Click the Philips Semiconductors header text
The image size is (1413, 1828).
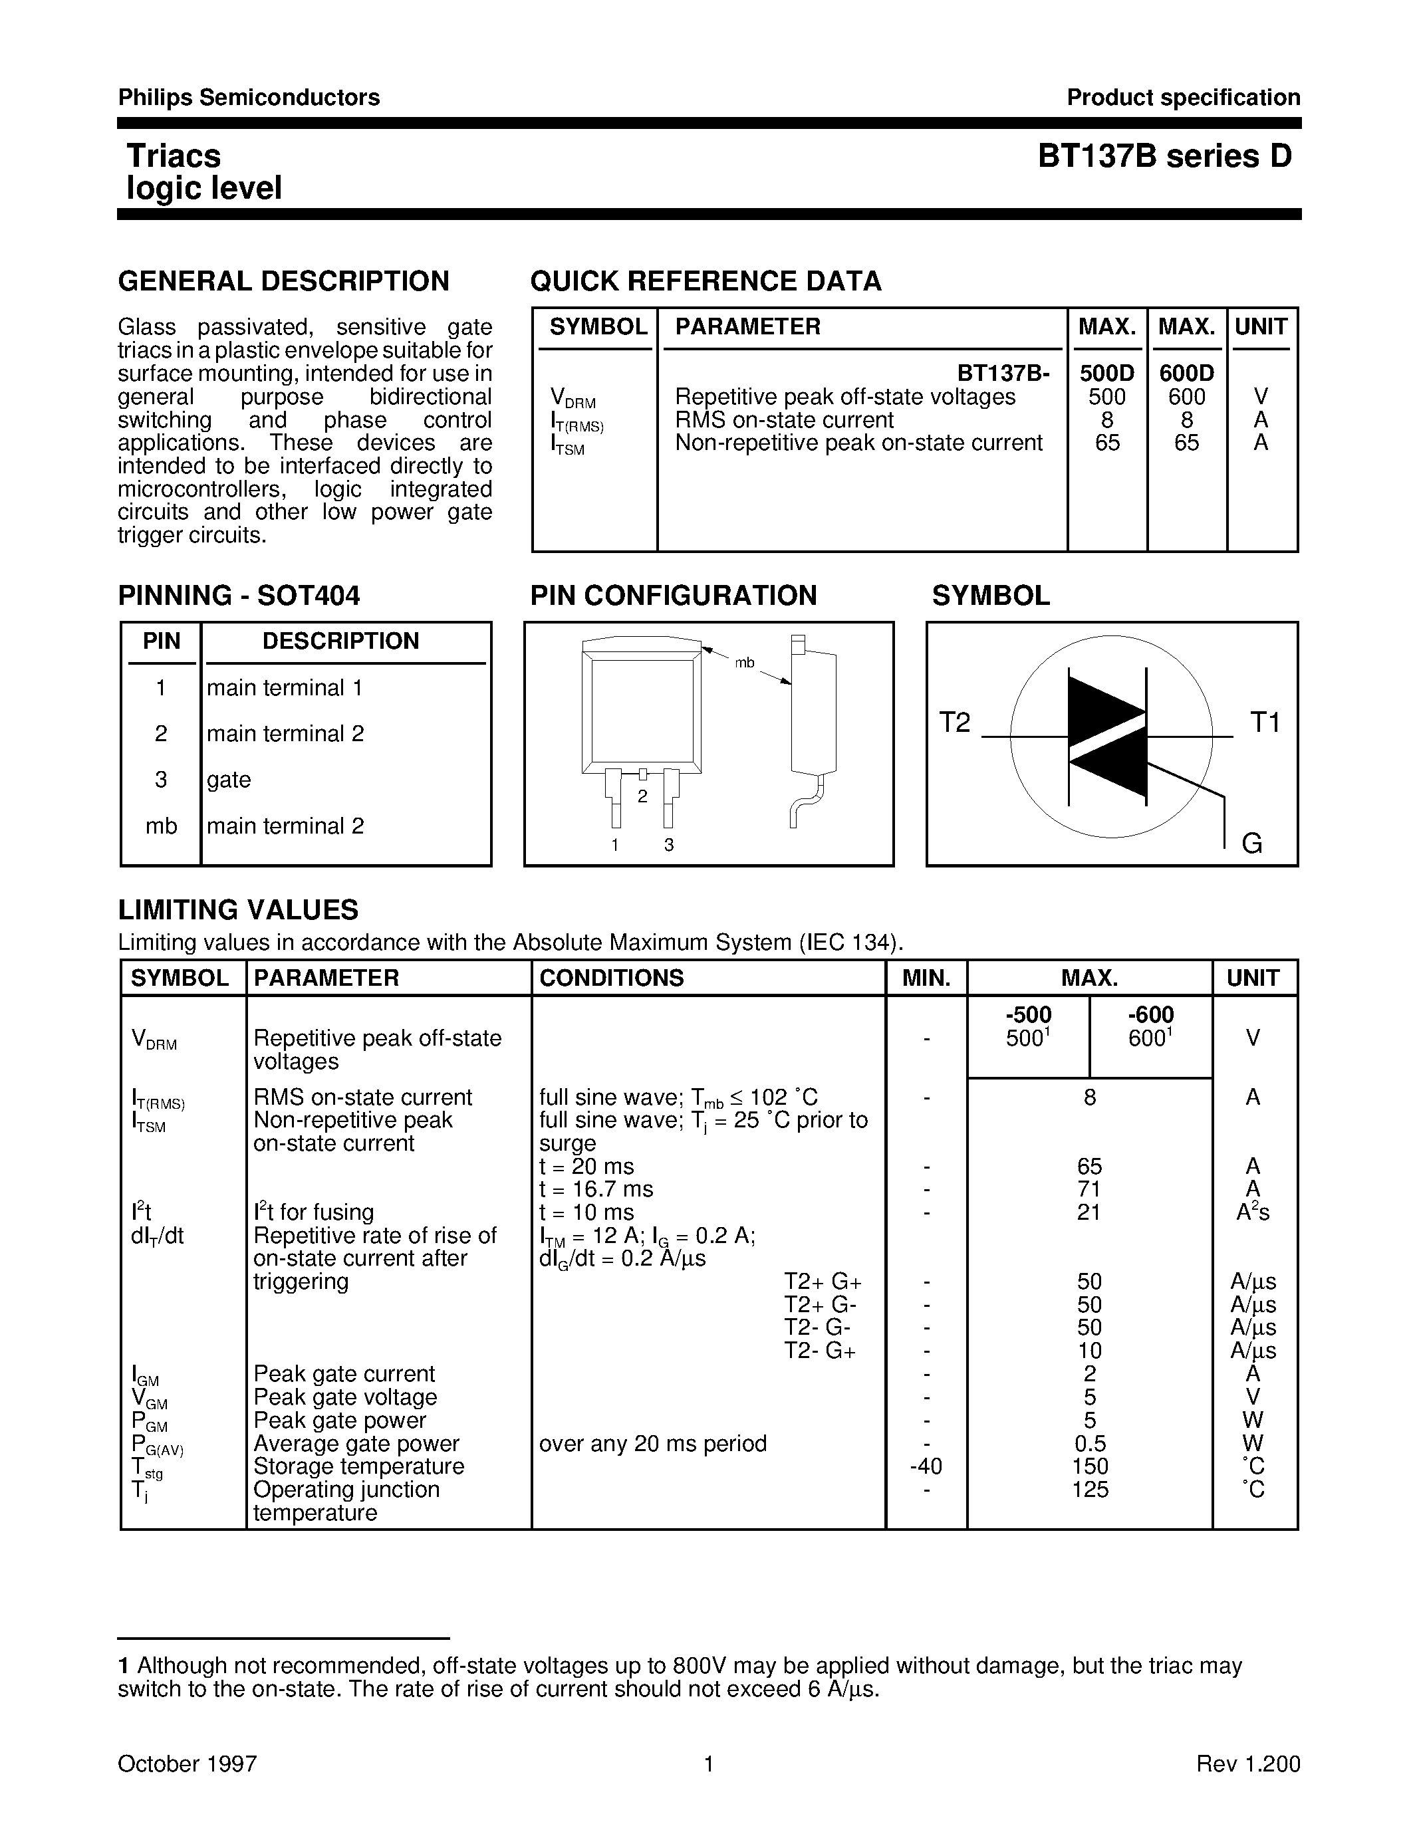pos(249,98)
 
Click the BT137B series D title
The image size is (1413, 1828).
pos(1164,156)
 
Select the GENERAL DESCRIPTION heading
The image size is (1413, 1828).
pos(284,281)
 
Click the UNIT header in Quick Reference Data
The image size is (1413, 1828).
pos(1261,327)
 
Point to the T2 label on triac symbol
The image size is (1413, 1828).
pos(954,723)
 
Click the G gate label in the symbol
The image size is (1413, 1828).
pos(1251,843)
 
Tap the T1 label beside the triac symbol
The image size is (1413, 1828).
pos(1264,723)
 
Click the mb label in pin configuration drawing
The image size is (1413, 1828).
pos(744,663)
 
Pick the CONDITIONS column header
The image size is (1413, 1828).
pos(611,978)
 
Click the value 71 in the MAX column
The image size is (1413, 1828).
pos(1089,1189)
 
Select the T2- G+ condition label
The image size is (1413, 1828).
pos(819,1351)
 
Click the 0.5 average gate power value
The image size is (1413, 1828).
pos(1089,1444)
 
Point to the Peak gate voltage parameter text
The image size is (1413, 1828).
pos(345,1397)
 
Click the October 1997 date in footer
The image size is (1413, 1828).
pos(187,1764)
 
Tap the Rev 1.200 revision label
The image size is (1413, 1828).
pos(1248,1764)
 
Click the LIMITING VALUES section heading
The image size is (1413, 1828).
pos(239,910)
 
